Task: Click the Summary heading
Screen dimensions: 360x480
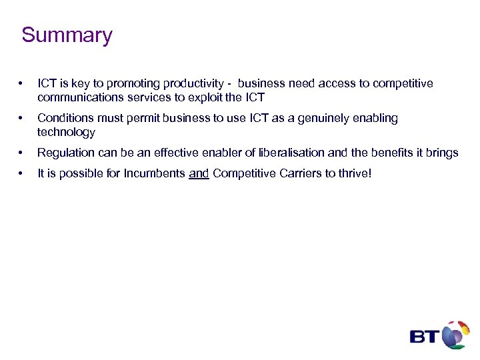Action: pyautogui.click(x=67, y=35)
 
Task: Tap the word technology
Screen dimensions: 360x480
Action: pyautogui.click(x=66, y=132)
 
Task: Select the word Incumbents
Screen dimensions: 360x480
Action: pyautogui.click(x=156, y=174)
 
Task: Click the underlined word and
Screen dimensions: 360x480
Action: pyautogui.click(x=199, y=174)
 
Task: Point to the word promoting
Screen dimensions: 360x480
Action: pyautogui.click(x=124, y=84)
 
